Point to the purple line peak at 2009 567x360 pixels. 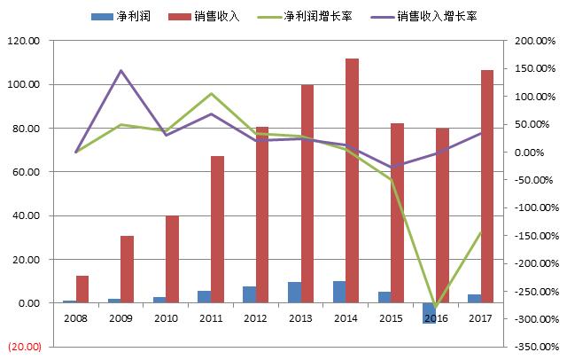[x=121, y=70]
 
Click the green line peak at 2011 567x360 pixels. [x=211, y=93]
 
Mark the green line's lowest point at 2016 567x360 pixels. [x=435, y=307]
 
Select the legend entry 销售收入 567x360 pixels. [x=217, y=16]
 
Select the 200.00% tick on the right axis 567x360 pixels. [x=532, y=41]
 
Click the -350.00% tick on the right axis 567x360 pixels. [x=532, y=347]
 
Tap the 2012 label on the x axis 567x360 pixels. [x=256, y=317]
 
